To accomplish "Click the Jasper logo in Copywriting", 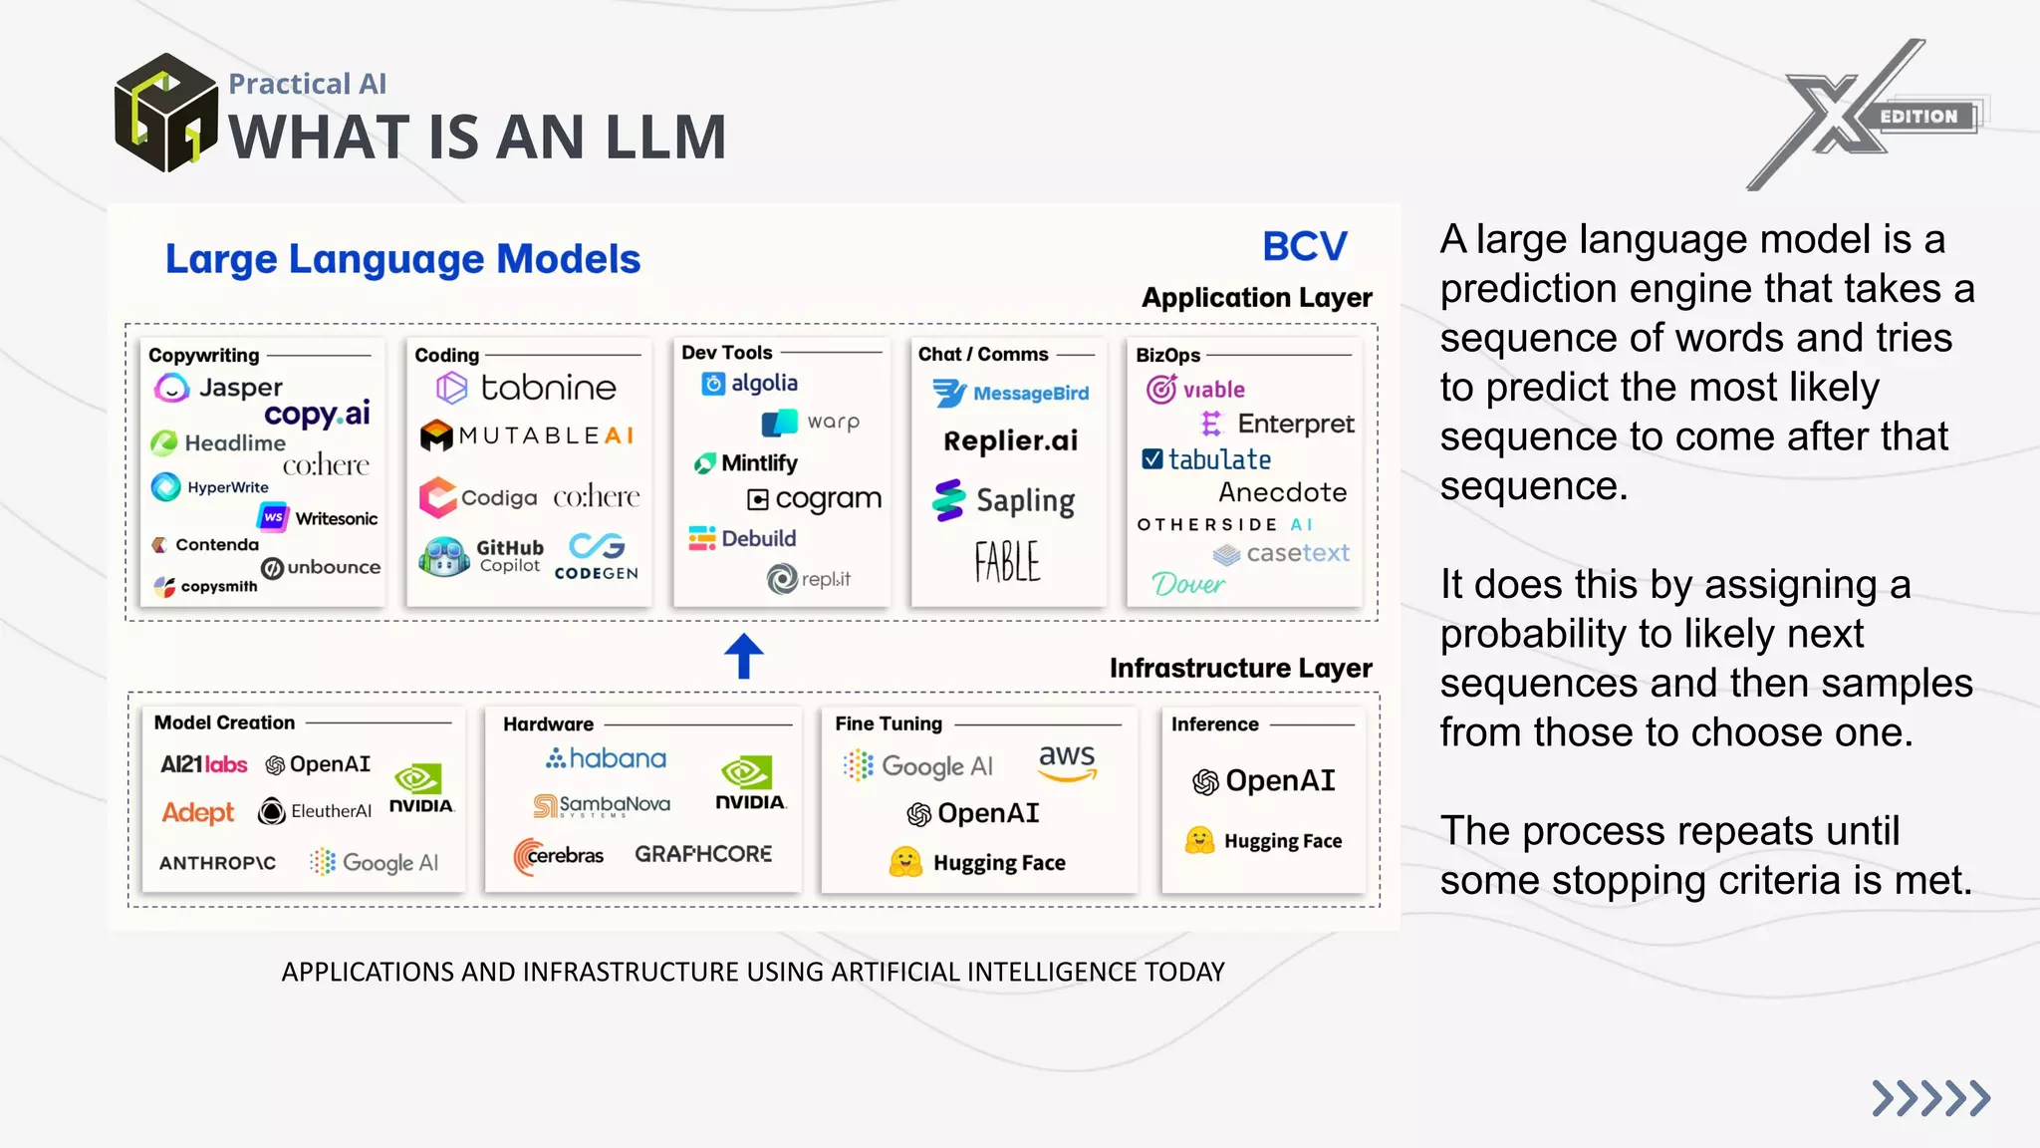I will [219, 387].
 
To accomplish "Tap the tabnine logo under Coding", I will [527, 388].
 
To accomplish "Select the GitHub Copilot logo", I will [482, 556].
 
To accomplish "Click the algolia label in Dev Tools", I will [750, 383].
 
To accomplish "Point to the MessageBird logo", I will [1011, 394].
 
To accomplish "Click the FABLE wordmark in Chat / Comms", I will [1007, 561].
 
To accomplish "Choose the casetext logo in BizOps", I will [1282, 553].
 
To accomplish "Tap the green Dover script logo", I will [1187, 584].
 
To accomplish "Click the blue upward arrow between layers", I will [743, 656].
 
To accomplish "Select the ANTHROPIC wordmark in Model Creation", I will [218, 863].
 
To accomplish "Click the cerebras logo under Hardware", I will [559, 855].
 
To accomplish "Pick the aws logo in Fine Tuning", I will [1067, 761].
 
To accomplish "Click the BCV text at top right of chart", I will [1304, 246].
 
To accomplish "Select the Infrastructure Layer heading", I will [1240, 668].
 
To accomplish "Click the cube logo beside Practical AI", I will [165, 113].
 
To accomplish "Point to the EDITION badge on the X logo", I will [1919, 117].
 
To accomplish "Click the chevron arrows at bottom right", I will [1930, 1098].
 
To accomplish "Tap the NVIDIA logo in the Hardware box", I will [749, 783].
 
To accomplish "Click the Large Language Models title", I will [402, 259].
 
